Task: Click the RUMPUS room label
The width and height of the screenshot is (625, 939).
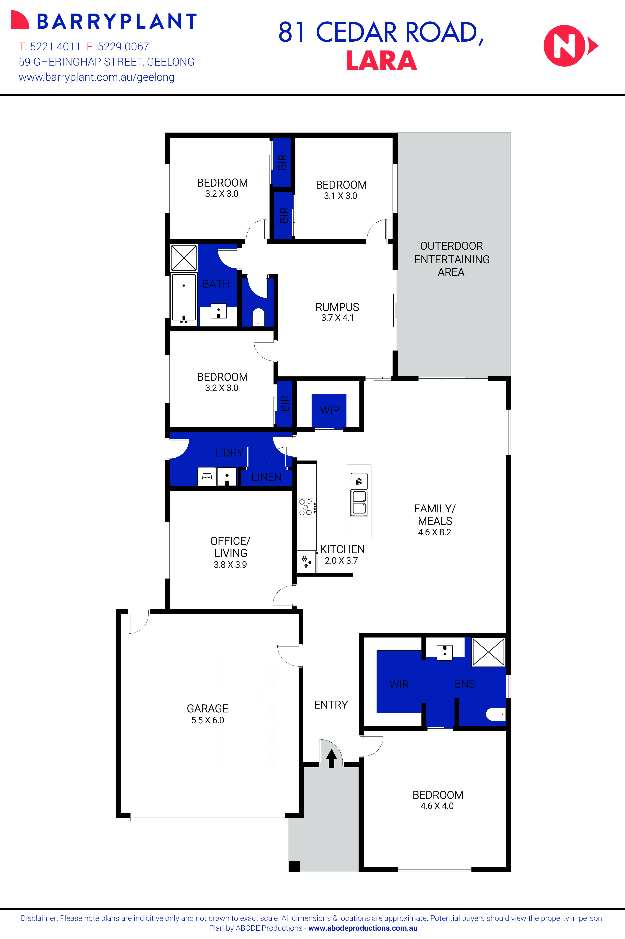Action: (337, 307)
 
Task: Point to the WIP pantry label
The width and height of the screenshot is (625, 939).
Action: (329, 410)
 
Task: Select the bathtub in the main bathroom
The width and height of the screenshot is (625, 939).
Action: (184, 297)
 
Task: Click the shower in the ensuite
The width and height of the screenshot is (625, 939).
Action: (488, 652)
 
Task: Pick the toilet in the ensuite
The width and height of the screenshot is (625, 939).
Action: (495, 714)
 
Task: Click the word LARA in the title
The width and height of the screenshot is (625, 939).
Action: (382, 61)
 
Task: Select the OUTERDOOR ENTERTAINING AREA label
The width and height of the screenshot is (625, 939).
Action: (452, 259)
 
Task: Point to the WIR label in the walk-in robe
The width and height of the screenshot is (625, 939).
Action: (399, 685)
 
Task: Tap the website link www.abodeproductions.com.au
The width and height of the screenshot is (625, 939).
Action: (363, 928)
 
